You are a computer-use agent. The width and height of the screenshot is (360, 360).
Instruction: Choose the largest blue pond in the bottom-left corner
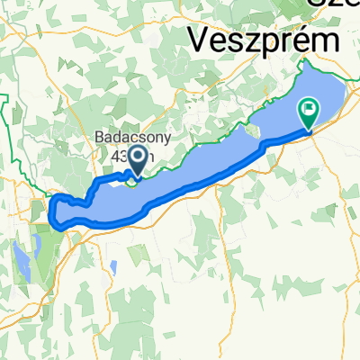tap(20, 259)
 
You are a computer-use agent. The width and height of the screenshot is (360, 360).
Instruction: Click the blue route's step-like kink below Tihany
tap(262, 145)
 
